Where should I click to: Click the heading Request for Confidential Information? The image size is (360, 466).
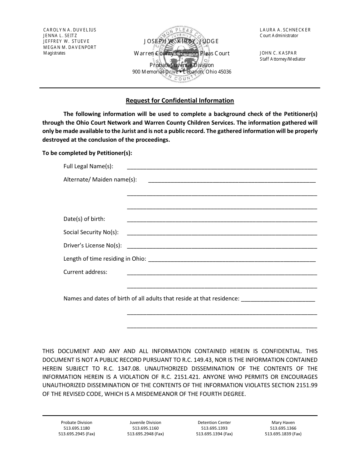180,101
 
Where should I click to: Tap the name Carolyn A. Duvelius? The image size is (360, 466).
70,30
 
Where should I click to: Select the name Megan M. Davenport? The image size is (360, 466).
70,47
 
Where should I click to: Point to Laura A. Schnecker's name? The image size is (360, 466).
285,30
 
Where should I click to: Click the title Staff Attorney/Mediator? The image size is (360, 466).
282,59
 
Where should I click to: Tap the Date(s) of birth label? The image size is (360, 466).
84,219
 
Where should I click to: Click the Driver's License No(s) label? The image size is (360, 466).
92,246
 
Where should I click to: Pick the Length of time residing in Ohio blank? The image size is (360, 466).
231,259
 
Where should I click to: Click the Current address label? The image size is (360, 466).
85,272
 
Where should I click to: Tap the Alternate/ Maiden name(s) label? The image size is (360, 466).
100,180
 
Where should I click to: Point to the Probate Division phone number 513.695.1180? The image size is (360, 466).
77,428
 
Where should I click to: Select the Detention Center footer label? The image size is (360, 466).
214,422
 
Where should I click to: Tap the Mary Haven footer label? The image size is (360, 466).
283,422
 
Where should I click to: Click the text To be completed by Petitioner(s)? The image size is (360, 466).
87,153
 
